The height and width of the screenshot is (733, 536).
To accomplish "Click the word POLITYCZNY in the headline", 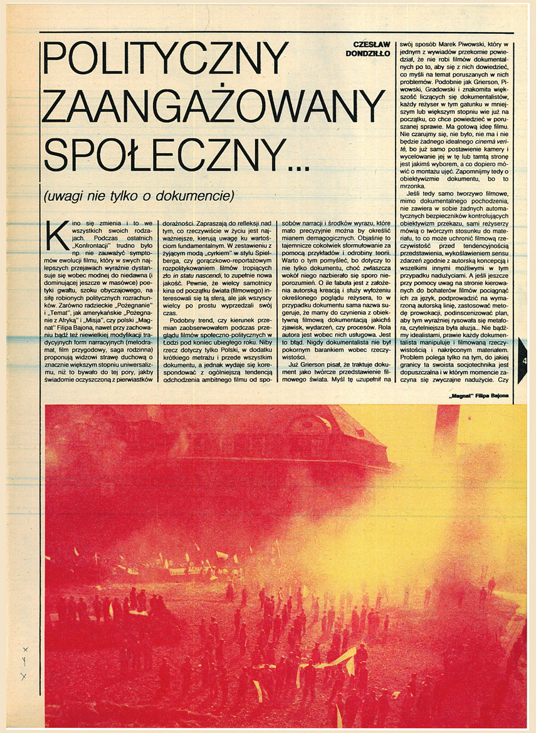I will tap(166, 60).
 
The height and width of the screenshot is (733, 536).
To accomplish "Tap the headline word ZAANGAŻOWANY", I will tap(213, 107).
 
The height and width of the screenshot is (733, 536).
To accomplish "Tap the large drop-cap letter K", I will tap(58, 235).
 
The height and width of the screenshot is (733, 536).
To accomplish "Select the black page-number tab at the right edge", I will tap(523, 360).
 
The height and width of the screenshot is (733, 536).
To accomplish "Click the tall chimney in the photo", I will tap(446, 433).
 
